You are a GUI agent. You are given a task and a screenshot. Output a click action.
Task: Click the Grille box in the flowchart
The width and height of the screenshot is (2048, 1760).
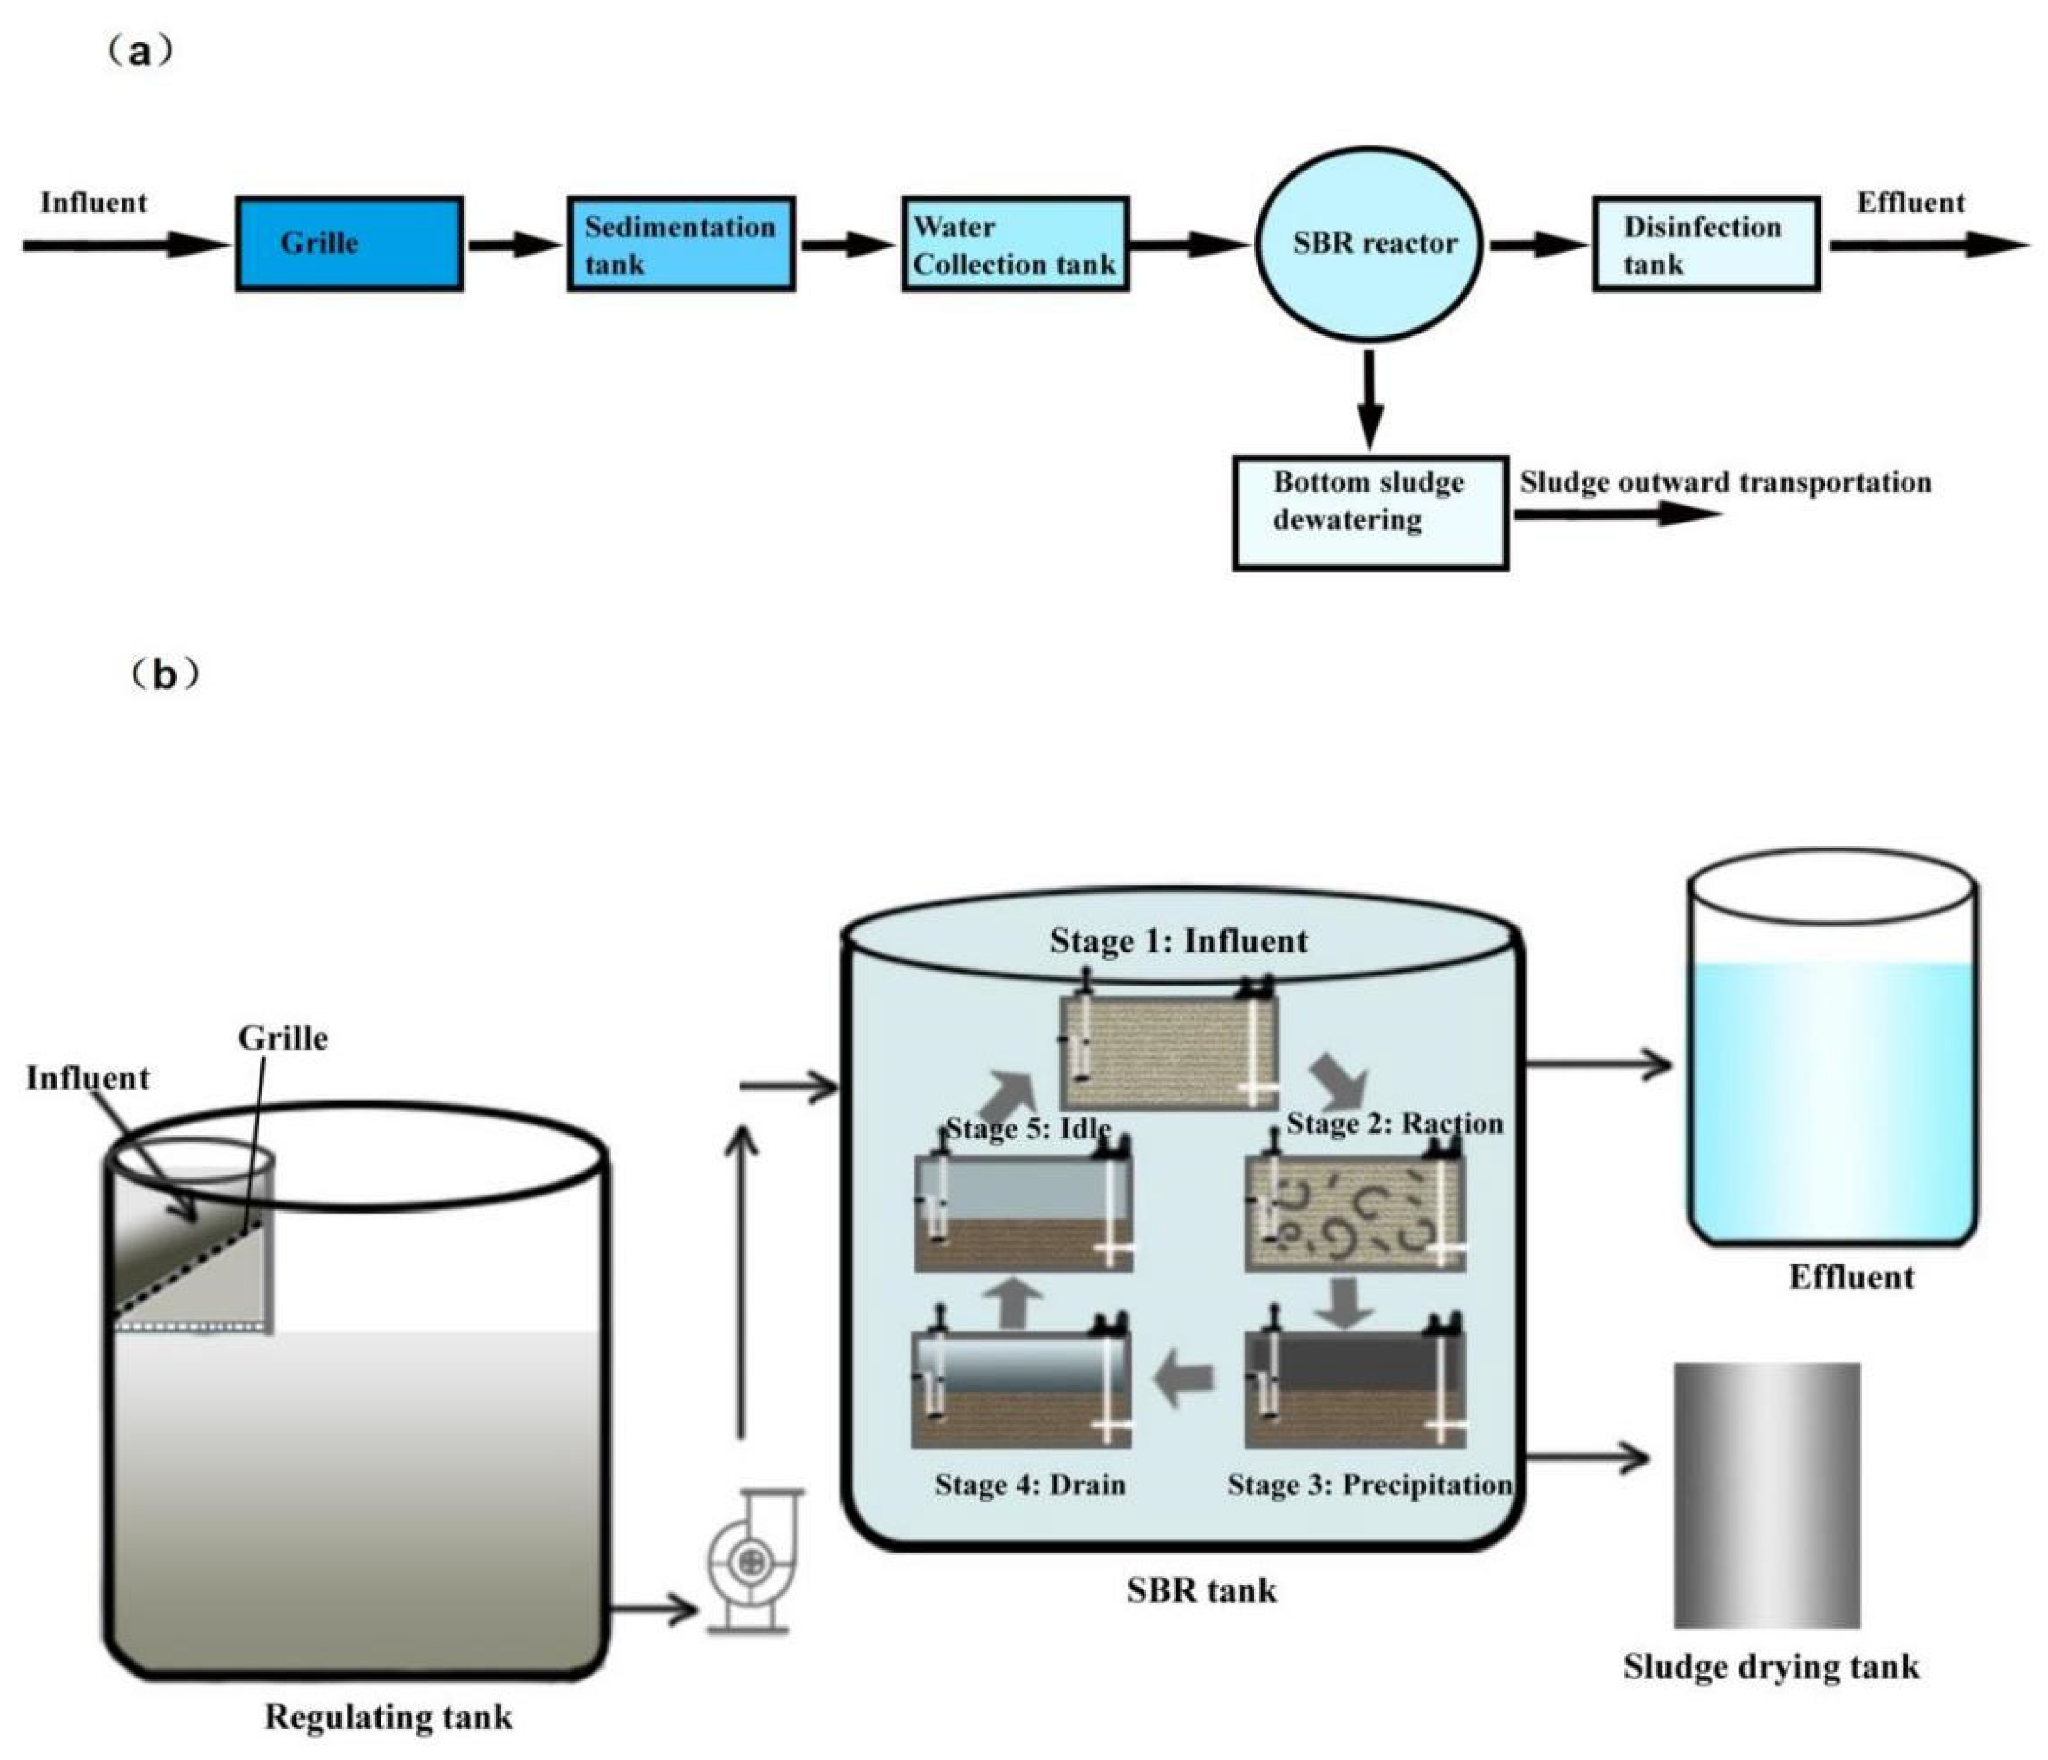click(349, 243)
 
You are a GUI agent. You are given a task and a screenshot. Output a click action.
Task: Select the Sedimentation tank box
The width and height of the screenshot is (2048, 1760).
click(681, 243)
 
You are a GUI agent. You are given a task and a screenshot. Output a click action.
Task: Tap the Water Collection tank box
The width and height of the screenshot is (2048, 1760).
click(1015, 243)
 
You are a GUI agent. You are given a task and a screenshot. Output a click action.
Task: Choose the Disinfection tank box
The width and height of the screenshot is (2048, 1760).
click(1706, 243)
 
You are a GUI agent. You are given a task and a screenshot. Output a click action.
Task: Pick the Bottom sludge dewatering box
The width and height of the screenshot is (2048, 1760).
click(1370, 512)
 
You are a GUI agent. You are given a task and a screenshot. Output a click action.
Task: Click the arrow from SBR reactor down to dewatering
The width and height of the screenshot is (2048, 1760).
click(1369, 399)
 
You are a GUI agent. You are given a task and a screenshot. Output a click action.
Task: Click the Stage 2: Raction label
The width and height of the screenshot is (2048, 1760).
click(1395, 1123)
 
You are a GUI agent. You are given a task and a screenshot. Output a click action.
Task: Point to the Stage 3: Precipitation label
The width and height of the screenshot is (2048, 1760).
click(1369, 1485)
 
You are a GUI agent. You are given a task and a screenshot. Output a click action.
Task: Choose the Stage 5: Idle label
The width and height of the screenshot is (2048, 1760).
click(1028, 1127)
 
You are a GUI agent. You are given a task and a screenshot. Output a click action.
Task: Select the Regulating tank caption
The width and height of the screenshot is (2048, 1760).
click(388, 1718)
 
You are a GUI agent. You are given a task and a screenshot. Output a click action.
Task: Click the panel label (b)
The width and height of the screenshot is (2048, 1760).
click(165, 675)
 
